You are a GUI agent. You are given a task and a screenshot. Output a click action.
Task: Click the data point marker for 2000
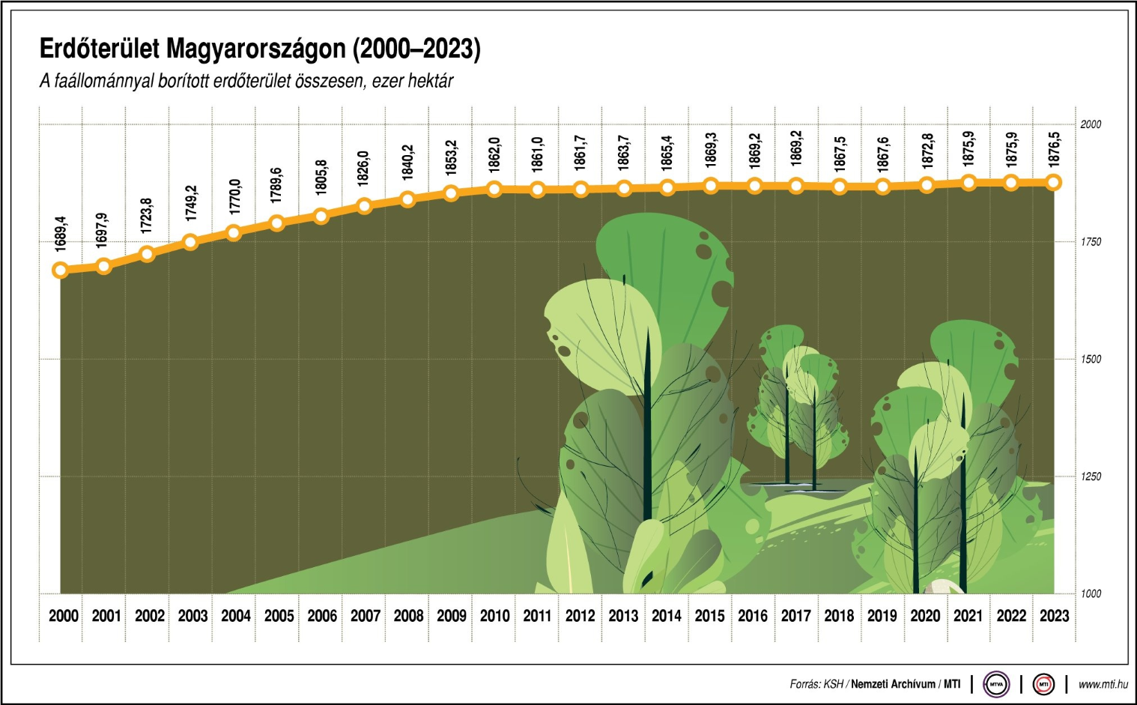(x=61, y=270)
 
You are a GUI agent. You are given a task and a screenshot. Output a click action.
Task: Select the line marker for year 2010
(x=494, y=189)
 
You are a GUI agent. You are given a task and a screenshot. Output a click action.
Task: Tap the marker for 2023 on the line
(x=1054, y=182)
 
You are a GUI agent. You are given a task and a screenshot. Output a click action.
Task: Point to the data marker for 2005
(x=277, y=223)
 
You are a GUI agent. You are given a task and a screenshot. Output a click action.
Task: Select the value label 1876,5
(x=1054, y=148)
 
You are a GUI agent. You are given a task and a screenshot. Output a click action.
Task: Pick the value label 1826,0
(x=364, y=169)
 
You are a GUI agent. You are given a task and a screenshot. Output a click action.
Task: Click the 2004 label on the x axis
(x=236, y=616)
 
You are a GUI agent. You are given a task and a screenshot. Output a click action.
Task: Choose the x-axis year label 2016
(x=753, y=616)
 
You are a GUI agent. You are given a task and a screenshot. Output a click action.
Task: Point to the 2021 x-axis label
(x=968, y=616)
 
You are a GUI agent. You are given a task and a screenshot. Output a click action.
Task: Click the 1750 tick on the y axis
(x=1091, y=242)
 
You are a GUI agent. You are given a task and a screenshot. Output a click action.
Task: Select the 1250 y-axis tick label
(x=1091, y=476)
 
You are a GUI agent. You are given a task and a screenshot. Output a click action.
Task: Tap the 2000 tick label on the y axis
(x=1091, y=124)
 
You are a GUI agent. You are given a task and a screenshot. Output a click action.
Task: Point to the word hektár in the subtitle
(x=431, y=81)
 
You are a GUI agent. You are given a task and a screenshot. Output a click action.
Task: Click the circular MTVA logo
(x=996, y=684)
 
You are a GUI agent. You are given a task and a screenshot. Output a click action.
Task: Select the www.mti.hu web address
(x=1103, y=684)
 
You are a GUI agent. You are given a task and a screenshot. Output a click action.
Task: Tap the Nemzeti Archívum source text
(x=893, y=684)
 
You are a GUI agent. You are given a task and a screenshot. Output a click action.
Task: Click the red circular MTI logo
(x=1043, y=684)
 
